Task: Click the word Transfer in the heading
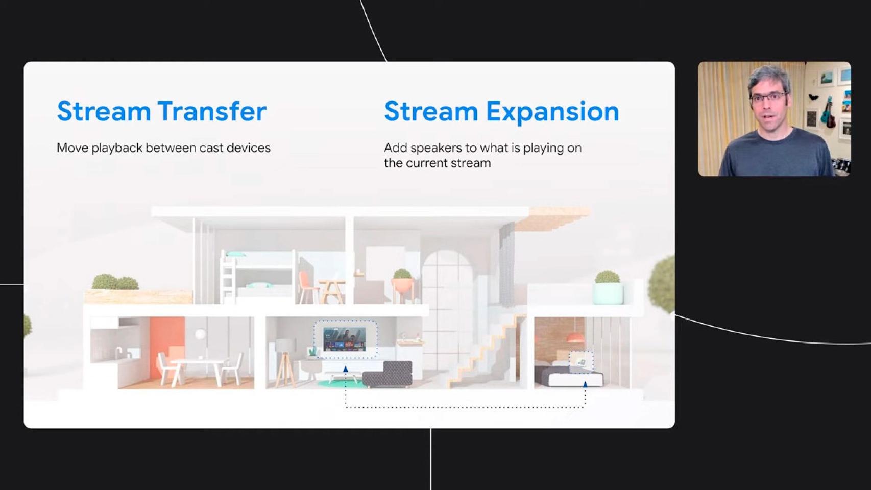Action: (212, 111)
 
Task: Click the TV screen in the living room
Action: (344, 339)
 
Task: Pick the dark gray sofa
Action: (388, 374)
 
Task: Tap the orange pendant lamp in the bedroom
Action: (575, 337)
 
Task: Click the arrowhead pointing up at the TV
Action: (345, 369)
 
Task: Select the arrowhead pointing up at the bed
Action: (585, 384)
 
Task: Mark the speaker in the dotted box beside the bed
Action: (582, 362)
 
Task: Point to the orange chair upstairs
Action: (307, 287)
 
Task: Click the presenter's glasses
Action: (769, 97)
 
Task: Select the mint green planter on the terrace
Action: (608, 293)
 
